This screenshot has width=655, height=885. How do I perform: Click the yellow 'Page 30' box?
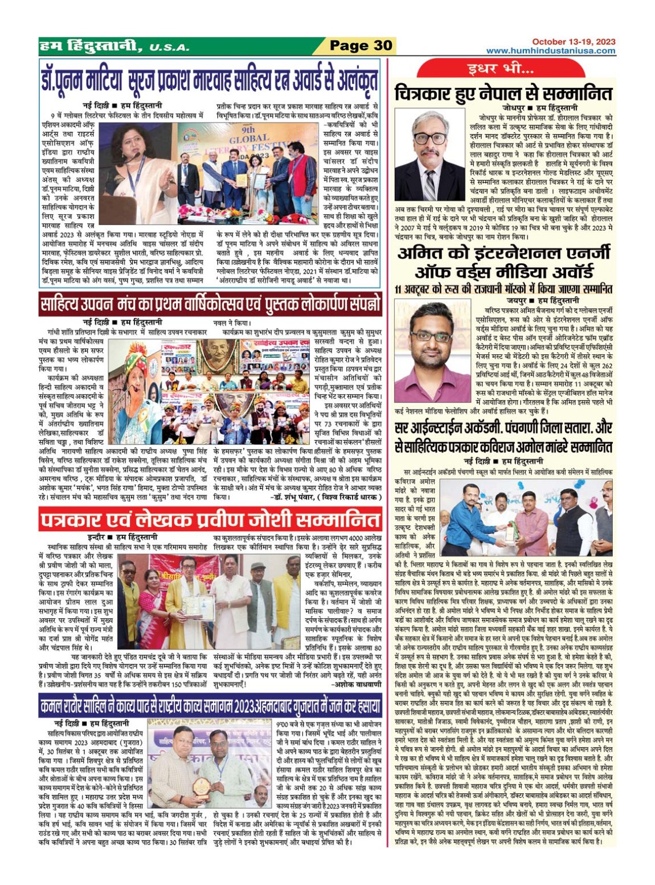(360, 46)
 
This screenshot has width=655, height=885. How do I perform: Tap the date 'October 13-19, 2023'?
(573, 42)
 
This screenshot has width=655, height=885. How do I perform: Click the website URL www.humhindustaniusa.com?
(551, 51)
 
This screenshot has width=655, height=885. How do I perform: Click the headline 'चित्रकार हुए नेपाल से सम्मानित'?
(503, 93)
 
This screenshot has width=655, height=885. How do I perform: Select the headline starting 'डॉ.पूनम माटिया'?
(210, 80)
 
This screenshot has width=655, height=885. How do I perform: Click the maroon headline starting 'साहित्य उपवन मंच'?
(210, 304)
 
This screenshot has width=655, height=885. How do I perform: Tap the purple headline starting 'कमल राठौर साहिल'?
(210, 706)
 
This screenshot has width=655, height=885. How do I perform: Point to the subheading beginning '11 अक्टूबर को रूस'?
(503, 289)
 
